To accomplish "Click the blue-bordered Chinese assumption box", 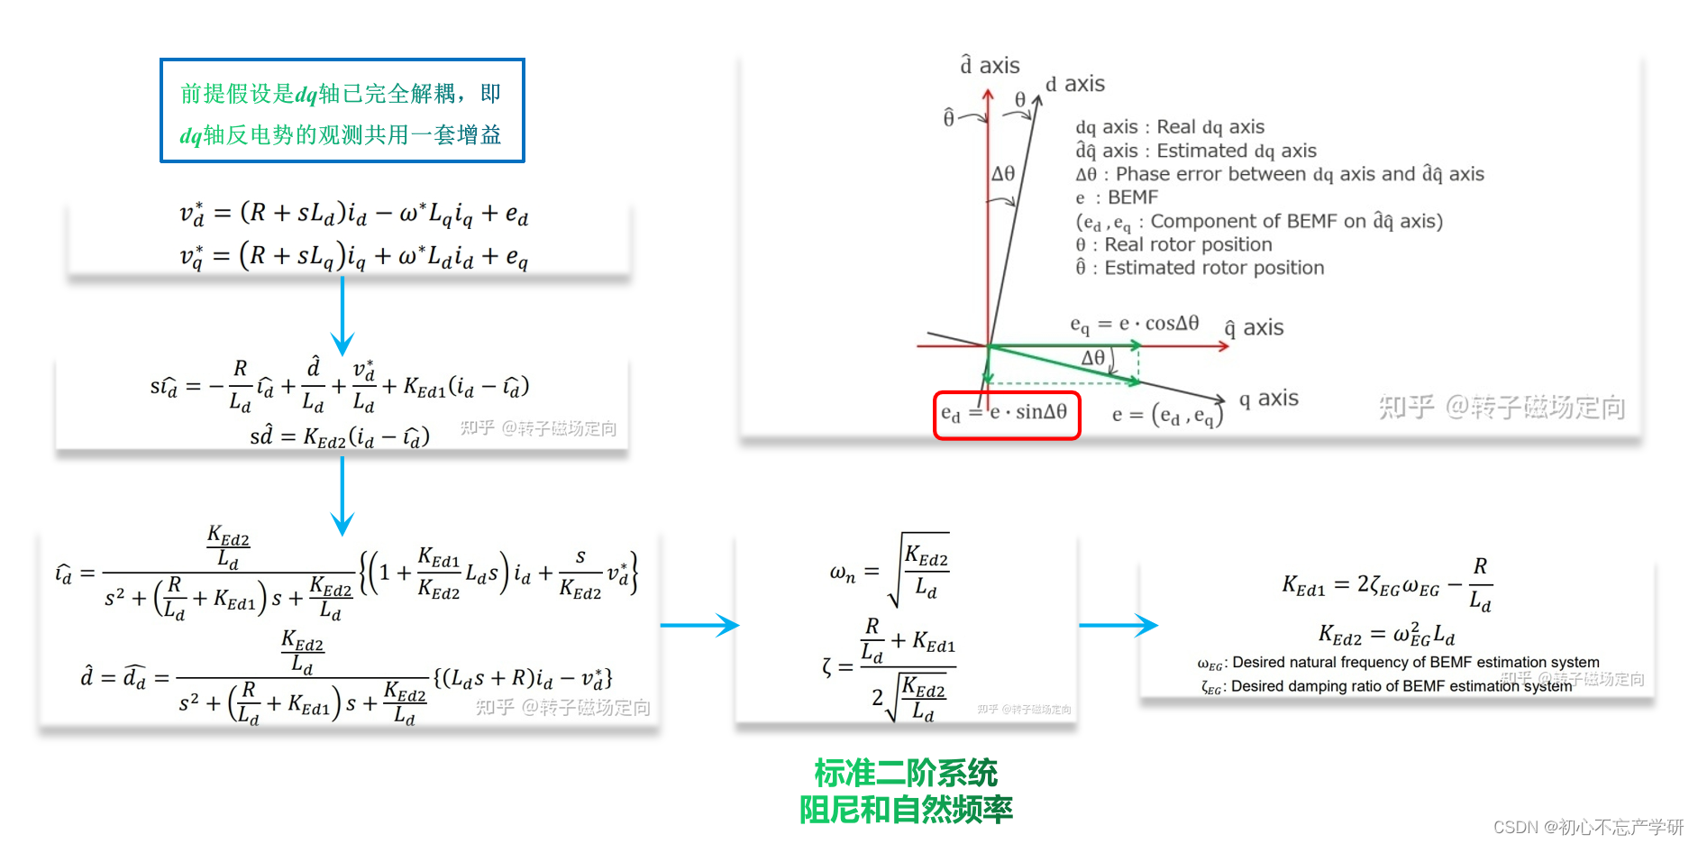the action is [342, 111].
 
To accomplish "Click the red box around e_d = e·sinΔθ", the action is [1006, 415].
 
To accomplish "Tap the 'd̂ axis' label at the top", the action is [990, 66].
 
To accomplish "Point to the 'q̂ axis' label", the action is [1254, 328].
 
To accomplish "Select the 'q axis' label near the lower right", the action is [1268, 399].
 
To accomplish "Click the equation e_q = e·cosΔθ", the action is [1134, 324].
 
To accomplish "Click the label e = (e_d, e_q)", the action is [1167, 415].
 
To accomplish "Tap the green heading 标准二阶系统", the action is [906, 773].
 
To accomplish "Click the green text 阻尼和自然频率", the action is [906, 810].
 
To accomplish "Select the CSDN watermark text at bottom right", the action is [1588, 827].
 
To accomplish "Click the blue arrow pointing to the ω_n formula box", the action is [699, 625].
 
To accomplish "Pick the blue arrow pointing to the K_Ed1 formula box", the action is [1118, 625].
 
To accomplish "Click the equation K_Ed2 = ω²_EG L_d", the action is [1386, 635].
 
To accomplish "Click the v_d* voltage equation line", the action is [353, 214].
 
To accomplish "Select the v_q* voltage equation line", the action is [353, 256].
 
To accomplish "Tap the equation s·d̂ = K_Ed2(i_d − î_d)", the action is [340, 437].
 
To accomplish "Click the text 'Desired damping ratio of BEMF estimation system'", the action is [1401, 686].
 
